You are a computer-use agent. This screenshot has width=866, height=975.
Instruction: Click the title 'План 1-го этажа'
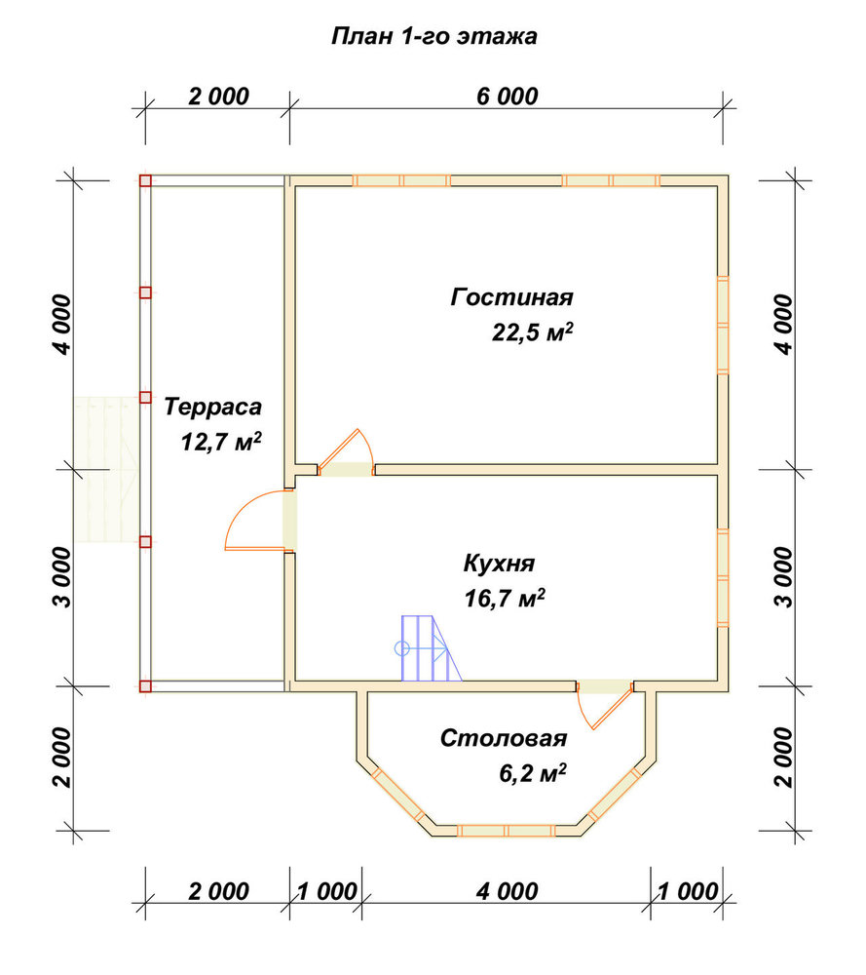433,37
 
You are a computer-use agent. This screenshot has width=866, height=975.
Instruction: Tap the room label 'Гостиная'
511,296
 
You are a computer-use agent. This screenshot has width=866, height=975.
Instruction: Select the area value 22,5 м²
533,332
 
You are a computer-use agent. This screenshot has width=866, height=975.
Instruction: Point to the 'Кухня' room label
499,564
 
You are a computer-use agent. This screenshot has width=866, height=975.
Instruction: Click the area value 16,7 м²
505,599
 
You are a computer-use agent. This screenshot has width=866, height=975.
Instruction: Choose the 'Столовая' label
504,738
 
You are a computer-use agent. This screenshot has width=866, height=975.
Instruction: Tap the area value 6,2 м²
533,773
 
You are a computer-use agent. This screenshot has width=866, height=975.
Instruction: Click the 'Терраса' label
212,407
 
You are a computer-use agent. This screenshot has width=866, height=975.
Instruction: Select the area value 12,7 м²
221,442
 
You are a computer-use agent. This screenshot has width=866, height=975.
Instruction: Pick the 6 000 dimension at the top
507,97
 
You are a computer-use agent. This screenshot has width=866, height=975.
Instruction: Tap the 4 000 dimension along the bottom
507,891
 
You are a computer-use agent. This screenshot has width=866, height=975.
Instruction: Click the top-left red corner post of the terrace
145,181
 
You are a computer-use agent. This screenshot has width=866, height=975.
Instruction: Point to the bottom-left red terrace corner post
145,686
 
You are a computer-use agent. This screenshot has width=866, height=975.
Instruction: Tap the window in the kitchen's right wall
723,578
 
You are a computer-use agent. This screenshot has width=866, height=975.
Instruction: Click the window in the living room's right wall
723,325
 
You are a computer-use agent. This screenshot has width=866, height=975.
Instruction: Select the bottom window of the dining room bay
507,831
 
